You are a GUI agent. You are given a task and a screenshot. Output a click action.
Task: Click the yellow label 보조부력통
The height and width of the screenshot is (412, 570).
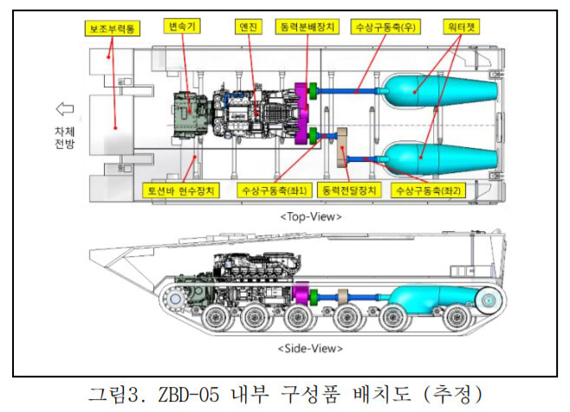[113, 29]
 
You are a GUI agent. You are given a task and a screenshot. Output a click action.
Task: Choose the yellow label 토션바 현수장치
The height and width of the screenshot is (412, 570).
[181, 189]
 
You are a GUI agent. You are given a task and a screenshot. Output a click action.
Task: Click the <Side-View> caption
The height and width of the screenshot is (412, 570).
[300, 349]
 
